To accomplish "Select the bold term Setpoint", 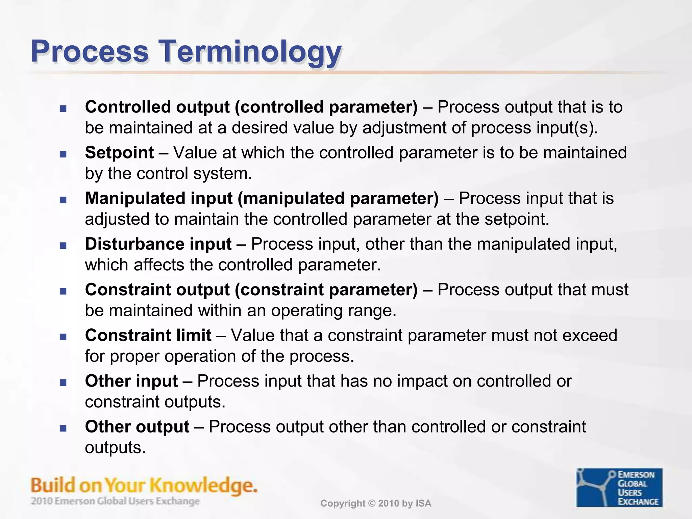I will coord(119,152).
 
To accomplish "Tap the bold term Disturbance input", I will coord(158,244).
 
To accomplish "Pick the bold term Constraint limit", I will coord(148,335).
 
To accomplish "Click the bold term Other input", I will coord(131,381).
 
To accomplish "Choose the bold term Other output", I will coord(137,426).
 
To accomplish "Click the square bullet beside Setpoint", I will coord(63,154).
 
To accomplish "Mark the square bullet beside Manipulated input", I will coord(63,200).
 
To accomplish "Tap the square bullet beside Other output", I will coord(63,428).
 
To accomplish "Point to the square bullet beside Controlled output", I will coord(63,108).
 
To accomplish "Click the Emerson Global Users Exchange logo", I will coord(619,487).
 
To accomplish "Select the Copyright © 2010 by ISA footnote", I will coord(376,503).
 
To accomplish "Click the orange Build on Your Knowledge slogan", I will coord(144,485).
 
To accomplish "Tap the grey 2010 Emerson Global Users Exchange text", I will coord(115,501).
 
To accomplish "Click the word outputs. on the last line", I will coord(115,447).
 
